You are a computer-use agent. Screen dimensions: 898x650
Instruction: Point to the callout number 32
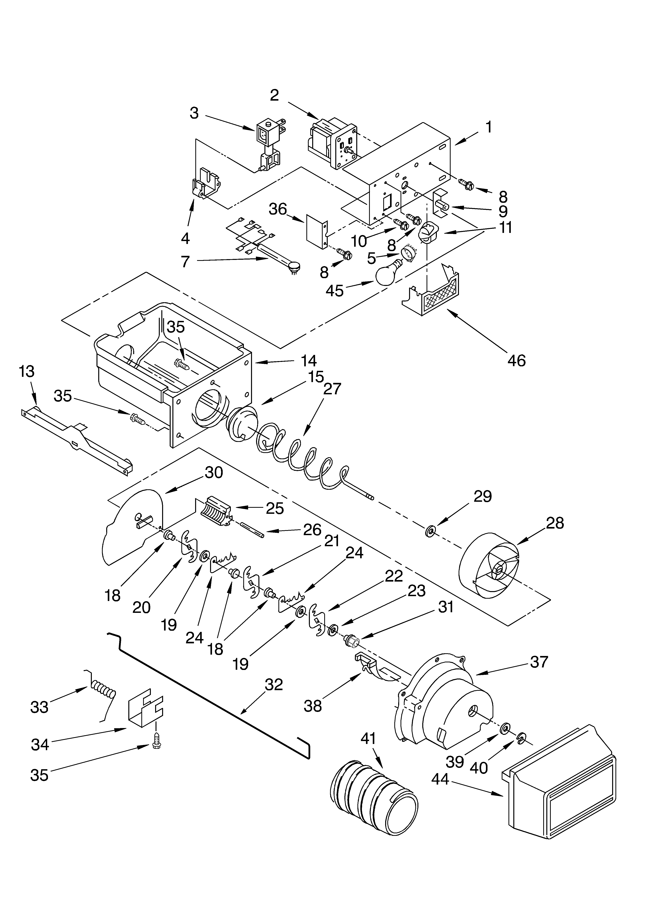click(274, 684)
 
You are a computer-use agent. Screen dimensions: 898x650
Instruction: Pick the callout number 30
click(214, 472)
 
